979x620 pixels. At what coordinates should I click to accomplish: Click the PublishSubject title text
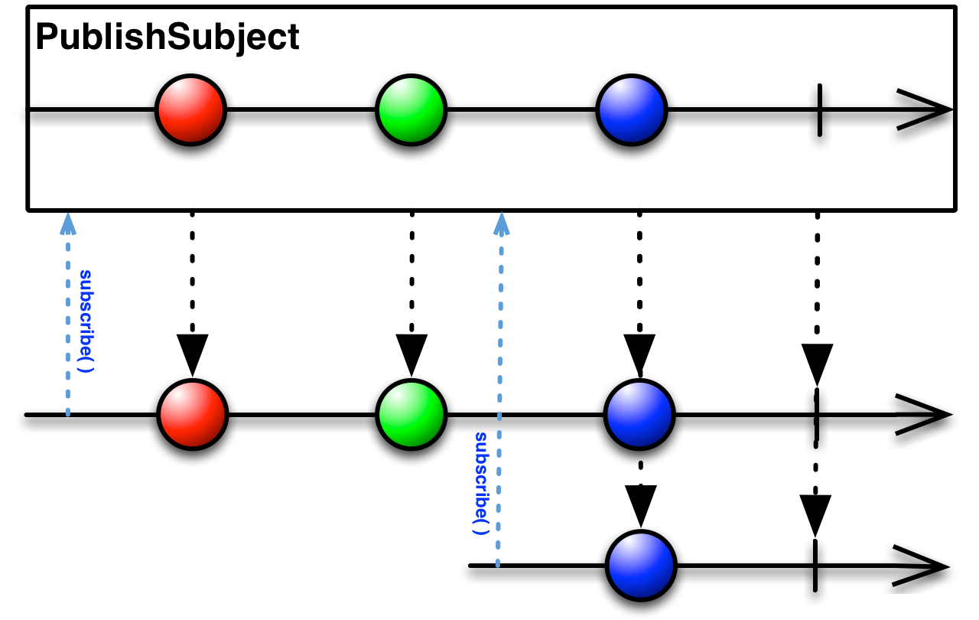click(168, 38)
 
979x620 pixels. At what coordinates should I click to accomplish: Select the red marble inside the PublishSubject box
click(191, 109)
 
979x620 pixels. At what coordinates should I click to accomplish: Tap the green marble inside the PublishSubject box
click(411, 109)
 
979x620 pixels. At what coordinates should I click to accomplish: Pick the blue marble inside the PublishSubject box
click(632, 109)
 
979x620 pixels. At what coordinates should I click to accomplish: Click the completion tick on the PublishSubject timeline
click(819, 110)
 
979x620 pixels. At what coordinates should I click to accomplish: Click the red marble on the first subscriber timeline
click(192, 415)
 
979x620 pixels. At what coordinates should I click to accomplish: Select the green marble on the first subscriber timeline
click(411, 415)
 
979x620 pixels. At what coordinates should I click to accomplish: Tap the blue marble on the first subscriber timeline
click(639, 415)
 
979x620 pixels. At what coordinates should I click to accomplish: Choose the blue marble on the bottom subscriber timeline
click(641, 566)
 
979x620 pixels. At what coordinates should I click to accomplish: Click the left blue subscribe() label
click(86, 321)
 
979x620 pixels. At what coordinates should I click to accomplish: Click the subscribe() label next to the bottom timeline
click(481, 483)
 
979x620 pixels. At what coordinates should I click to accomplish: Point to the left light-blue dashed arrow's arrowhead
click(68, 224)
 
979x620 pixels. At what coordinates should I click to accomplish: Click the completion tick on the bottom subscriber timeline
click(815, 566)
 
